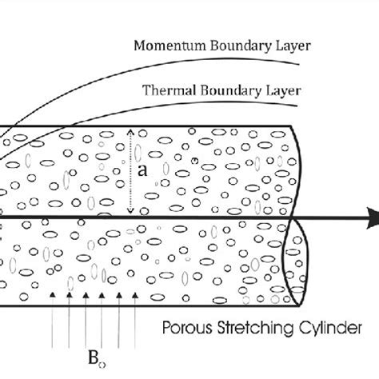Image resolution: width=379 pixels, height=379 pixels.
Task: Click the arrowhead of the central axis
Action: tap(372, 216)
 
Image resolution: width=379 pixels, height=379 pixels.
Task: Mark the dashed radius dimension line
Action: tap(130, 172)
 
